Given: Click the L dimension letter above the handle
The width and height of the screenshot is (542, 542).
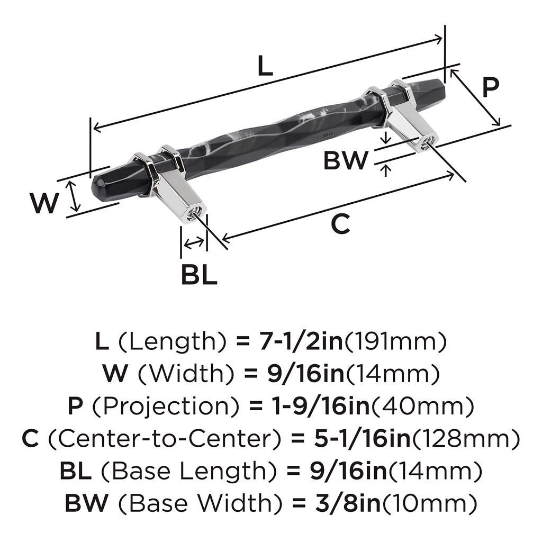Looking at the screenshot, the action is coord(265,66).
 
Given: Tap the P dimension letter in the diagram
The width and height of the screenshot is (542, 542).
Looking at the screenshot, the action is coord(491,87).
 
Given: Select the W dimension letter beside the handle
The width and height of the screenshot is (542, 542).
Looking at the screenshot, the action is coord(44,203).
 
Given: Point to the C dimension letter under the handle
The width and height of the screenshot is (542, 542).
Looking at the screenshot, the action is coord(340,224).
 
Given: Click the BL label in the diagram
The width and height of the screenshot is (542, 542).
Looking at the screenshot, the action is coord(199,275).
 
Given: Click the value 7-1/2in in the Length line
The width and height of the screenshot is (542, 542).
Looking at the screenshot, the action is coord(301,341).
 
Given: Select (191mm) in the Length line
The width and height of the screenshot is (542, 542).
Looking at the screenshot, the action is coord(396,341).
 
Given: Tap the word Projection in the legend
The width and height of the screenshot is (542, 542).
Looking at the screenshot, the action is coord(166,406).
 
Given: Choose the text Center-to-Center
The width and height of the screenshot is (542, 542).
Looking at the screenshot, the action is coord(164,438).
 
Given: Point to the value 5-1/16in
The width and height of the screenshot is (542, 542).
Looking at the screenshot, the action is coord(362,438).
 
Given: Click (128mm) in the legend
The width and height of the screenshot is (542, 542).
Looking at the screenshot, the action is coord(466,438).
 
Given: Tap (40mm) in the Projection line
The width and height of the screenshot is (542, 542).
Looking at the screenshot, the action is coord(422,406).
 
